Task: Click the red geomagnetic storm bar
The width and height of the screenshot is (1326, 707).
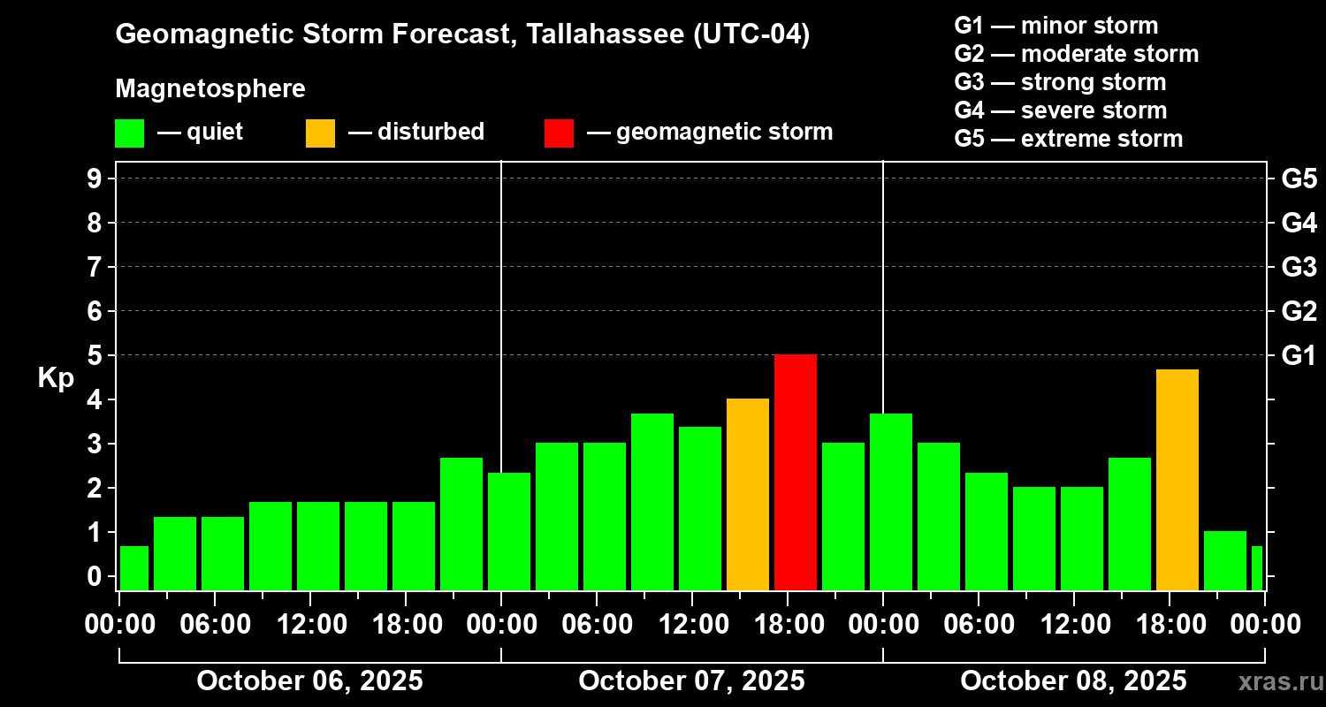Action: pyautogui.click(x=796, y=473)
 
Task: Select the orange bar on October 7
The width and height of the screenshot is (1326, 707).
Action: pyautogui.click(x=748, y=495)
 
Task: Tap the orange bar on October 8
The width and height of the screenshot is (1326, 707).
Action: pyautogui.click(x=1177, y=480)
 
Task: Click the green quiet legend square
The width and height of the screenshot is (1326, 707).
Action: pyautogui.click(x=130, y=133)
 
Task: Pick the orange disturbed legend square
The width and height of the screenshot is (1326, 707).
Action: pyautogui.click(x=321, y=133)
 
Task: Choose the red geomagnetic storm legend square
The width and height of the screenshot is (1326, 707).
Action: pyautogui.click(x=559, y=133)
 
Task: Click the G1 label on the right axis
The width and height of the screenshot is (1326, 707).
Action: pyautogui.click(x=1299, y=355)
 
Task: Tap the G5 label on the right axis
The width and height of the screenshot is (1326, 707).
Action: pyautogui.click(x=1299, y=179)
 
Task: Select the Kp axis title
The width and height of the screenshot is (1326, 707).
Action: pyautogui.click(x=56, y=377)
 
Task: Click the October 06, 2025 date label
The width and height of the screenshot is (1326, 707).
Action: pyautogui.click(x=309, y=681)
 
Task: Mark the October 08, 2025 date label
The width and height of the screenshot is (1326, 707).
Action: pyautogui.click(x=1073, y=681)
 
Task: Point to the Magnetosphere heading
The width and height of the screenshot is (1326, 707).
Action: pyautogui.click(x=210, y=89)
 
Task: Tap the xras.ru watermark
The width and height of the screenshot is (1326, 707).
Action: pyautogui.click(x=1273, y=682)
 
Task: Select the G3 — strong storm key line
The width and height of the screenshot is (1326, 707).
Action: pyautogui.click(x=1060, y=82)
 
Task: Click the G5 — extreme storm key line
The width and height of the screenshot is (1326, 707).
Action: pyautogui.click(x=1068, y=139)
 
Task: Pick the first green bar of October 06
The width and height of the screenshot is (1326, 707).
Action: pyautogui.click(x=134, y=568)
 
